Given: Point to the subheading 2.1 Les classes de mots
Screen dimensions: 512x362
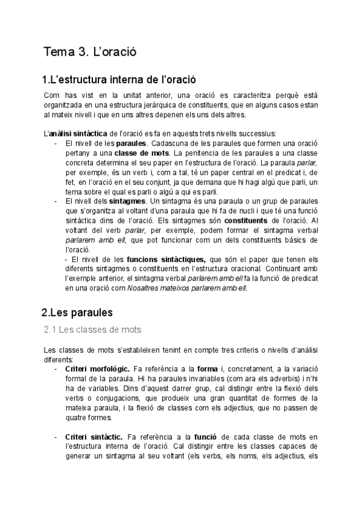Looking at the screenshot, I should pos(92,330).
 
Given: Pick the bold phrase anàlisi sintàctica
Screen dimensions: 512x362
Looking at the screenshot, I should pos(78,133).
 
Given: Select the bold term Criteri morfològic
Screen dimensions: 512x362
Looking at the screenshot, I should pos(94,368).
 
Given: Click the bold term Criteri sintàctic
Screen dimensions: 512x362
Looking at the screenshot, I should pos(91,436).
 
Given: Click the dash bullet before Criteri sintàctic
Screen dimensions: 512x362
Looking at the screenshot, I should pos(56,436).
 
